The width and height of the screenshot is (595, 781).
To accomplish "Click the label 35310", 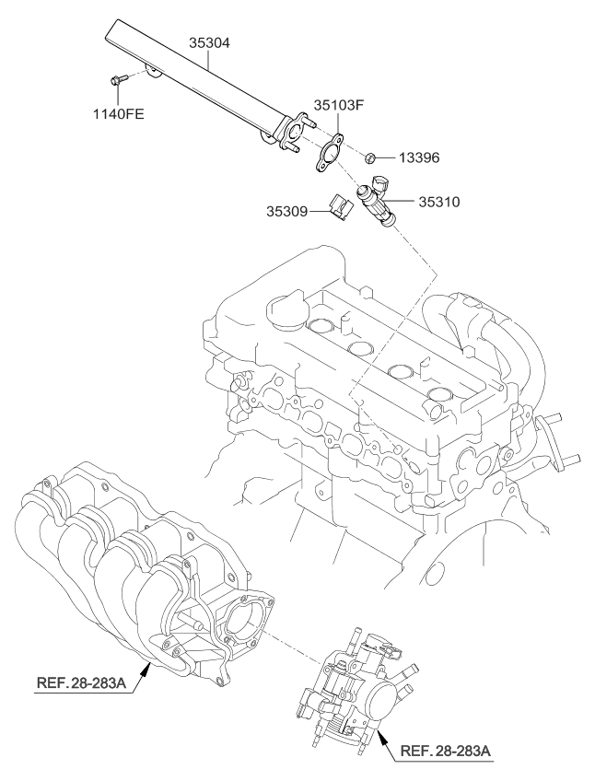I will pos(439,200).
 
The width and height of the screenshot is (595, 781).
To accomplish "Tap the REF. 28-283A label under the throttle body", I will pos(447,752).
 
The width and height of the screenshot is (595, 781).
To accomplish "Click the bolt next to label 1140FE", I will pos(117,81).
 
